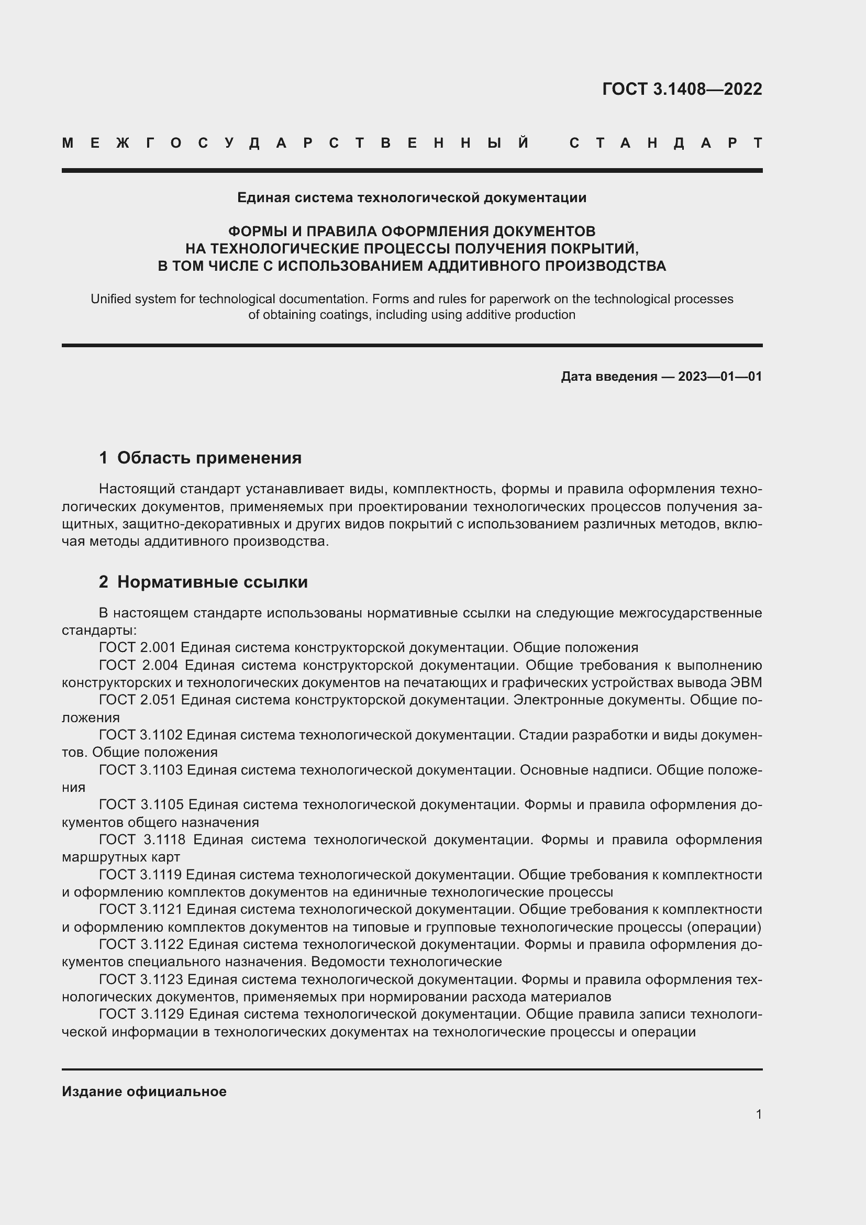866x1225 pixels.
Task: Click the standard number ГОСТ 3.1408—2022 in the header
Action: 682,89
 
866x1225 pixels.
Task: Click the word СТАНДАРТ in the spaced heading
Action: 665,144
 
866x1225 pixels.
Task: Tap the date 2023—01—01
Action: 719,377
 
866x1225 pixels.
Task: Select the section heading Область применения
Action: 209,458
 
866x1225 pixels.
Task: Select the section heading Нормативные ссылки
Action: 212,582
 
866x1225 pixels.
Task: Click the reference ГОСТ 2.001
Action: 137,648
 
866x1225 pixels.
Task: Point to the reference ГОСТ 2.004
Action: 138,665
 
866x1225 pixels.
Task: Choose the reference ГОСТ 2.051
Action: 137,700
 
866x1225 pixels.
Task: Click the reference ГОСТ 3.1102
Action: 140,735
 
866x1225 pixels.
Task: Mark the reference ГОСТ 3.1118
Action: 142,840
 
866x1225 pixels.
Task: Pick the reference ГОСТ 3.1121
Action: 140,909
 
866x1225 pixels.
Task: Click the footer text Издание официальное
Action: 144,1091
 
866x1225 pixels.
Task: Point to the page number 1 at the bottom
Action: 758,1114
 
